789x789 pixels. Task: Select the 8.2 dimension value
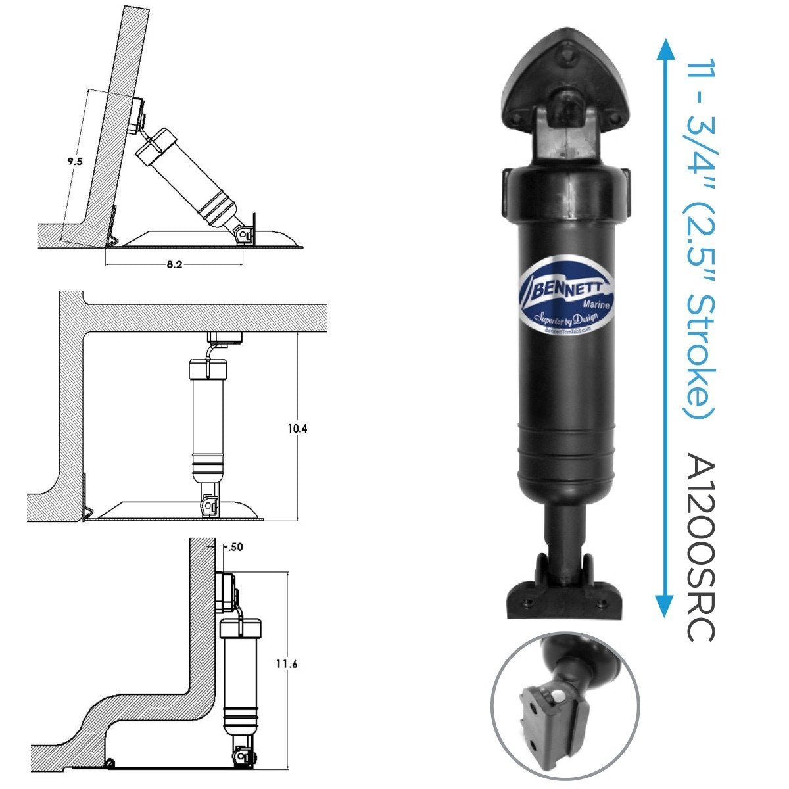pyautogui.click(x=175, y=265)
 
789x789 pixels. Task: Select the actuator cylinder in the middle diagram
pyautogui.click(x=208, y=421)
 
